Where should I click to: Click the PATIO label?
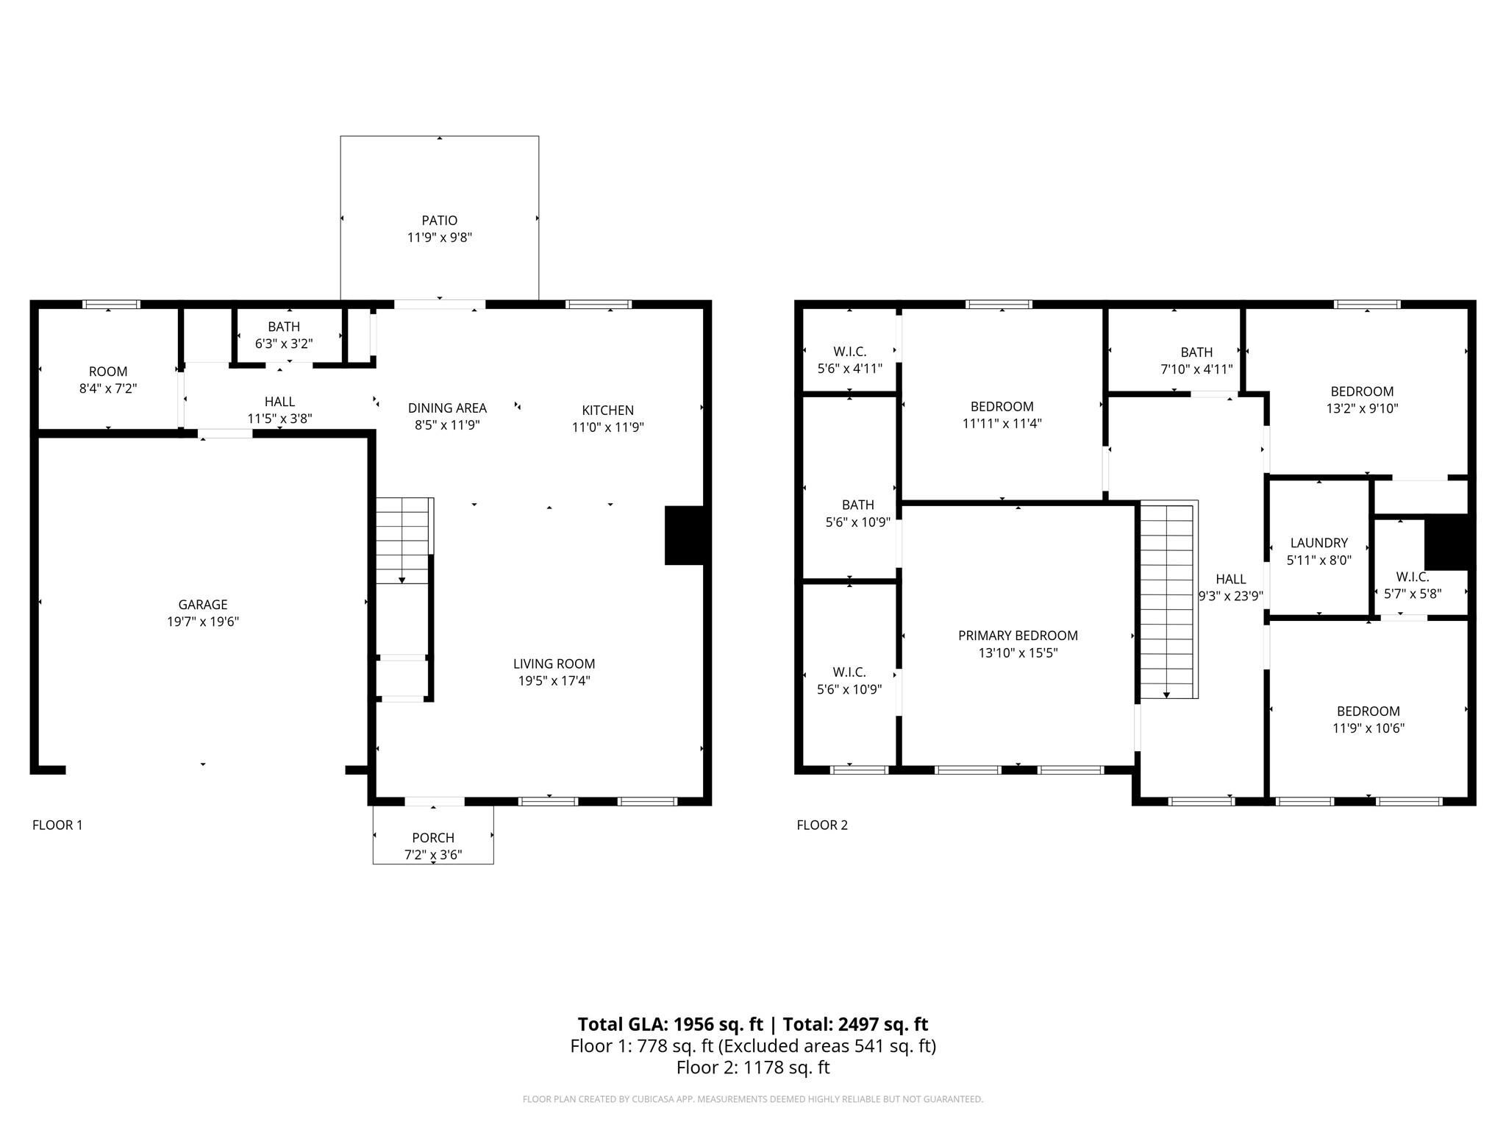pos(439,220)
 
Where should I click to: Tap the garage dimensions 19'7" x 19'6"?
pos(203,622)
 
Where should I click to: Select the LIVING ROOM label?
pos(554,664)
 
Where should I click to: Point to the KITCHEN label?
pos(607,410)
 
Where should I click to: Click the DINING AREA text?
pos(447,408)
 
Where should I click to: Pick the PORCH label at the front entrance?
pos(433,837)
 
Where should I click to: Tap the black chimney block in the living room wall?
pos(685,535)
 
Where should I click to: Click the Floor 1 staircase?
pos(402,541)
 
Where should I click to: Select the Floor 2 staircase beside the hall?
pos(1166,600)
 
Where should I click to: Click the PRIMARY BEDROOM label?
pos(1018,635)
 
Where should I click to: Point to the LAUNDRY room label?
pos(1318,543)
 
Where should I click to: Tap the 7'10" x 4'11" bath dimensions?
pos(1196,369)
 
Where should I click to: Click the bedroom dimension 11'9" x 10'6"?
pos(1368,728)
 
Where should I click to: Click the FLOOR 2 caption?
pos(822,825)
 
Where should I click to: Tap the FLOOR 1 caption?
pos(57,825)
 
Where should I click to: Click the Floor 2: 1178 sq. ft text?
pos(752,1067)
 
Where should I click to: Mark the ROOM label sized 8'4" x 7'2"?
pos(108,372)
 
